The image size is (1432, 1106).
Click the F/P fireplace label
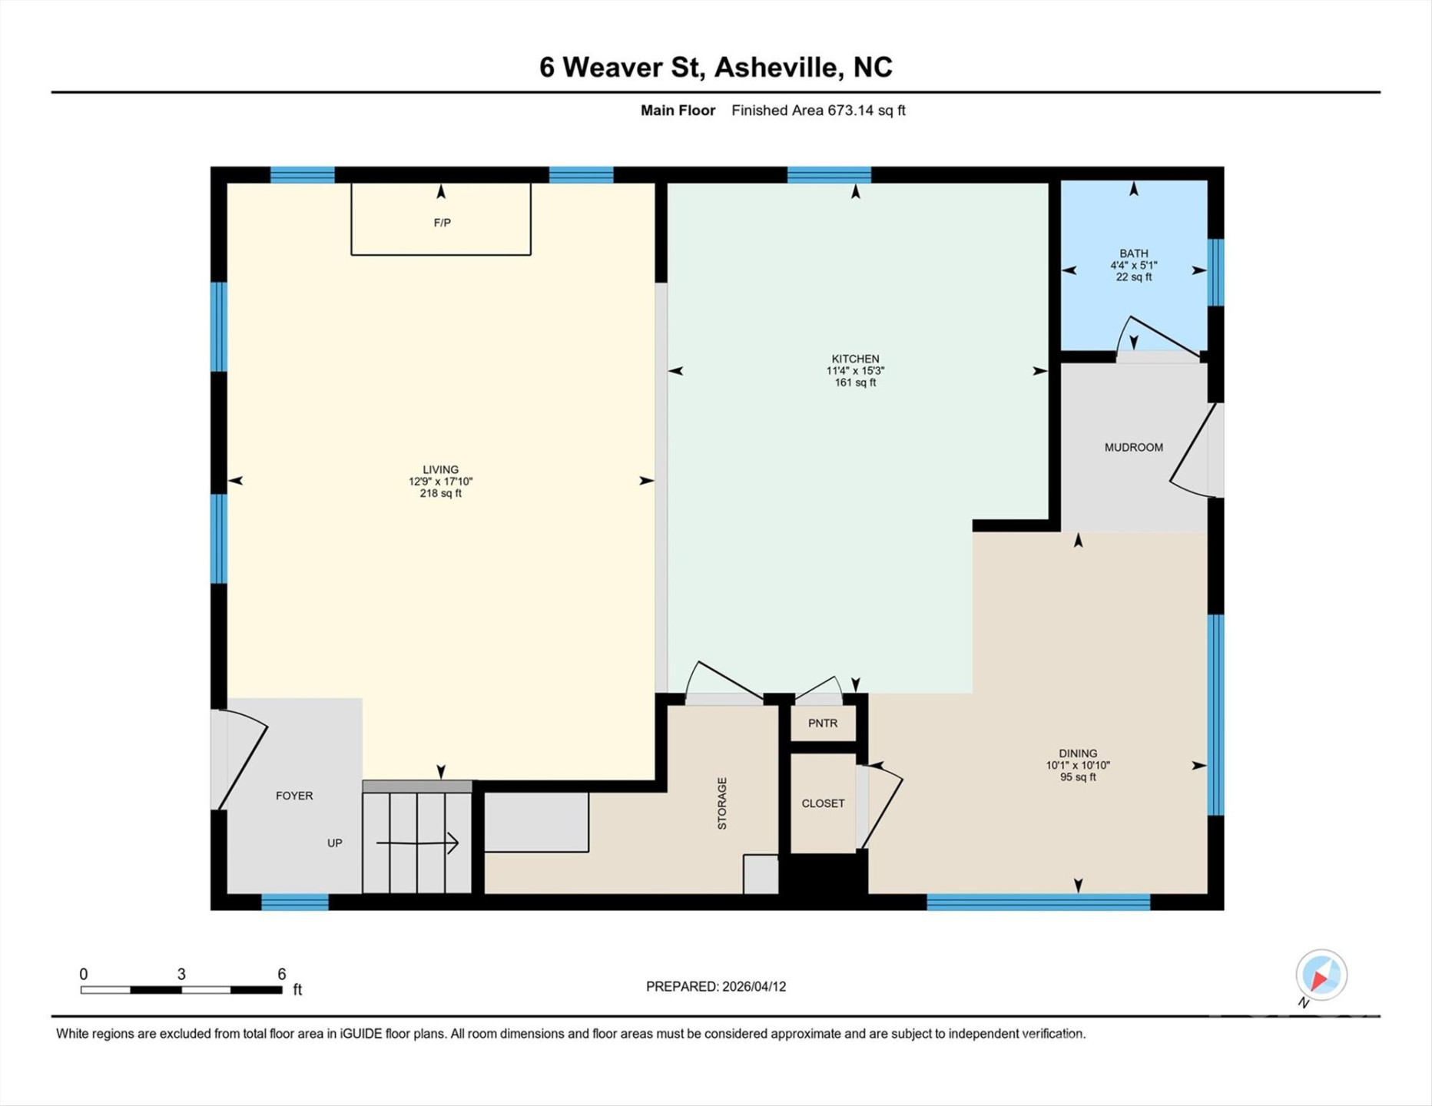pyautogui.click(x=442, y=223)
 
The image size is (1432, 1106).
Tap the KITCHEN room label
pyautogui.click(x=855, y=359)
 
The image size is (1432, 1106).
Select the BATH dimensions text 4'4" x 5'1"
pyautogui.click(x=1133, y=265)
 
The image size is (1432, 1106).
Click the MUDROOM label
pyautogui.click(x=1133, y=447)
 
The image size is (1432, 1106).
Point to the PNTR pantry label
pyautogui.click(x=823, y=723)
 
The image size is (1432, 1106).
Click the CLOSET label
pyautogui.click(x=823, y=803)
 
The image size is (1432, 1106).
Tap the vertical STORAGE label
pyautogui.click(x=722, y=803)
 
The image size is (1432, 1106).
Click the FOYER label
pyautogui.click(x=294, y=796)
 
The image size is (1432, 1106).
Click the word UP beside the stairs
pyautogui.click(x=334, y=843)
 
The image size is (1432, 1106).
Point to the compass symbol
pyautogui.click(x=1321, y=975)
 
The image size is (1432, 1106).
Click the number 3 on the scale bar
pyautogui.click(x=181, y=974)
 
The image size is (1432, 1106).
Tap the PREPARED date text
pyautogui.click(x=715, y=986)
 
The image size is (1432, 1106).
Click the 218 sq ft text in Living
pyautogui.click(x=440, y=493)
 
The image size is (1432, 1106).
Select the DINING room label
pyautogui.click(x=1077, y=753)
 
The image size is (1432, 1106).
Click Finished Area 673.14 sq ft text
pyautogui.click(x=818, y=111)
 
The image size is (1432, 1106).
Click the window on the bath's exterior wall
pyautogui.click(x=1215, y=272)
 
